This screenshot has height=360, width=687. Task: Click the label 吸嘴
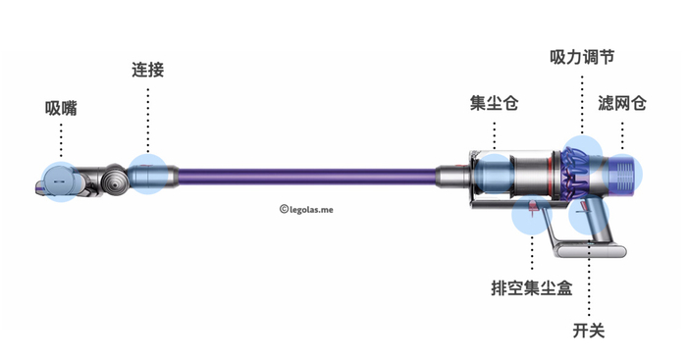point(61,109)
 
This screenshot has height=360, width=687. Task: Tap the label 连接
point(147,71)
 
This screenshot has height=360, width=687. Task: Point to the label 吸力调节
point(582,58)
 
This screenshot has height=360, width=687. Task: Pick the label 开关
point(588,330)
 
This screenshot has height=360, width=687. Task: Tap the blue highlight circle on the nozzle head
point(60,181)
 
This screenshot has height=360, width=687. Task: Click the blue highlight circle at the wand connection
point(147,175)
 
